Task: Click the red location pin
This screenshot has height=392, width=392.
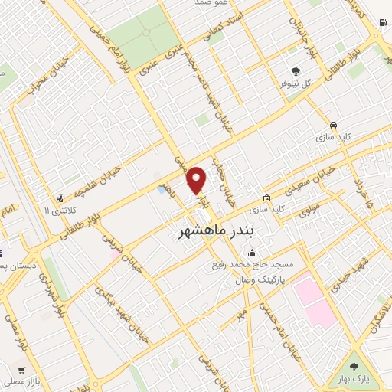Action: coord(198,180)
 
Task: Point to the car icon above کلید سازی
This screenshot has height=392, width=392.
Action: coord(334,124)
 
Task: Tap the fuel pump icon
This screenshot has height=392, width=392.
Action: coord(381,23)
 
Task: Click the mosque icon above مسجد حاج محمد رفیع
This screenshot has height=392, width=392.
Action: coord(253,253)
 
